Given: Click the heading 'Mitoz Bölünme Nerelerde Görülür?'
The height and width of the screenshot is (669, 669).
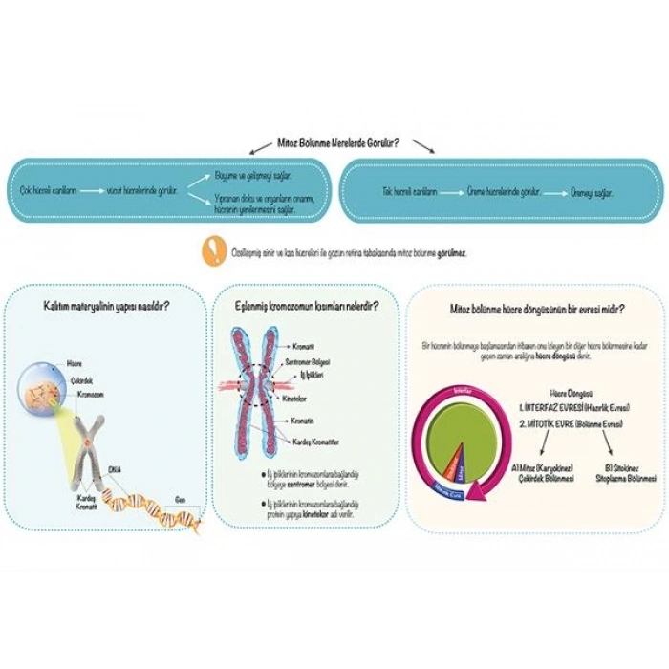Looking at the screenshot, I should coord(336,143).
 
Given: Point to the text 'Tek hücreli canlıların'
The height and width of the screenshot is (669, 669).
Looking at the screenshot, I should coord(408,191).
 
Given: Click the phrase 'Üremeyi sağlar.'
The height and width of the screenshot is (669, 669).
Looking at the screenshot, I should coord(593,191).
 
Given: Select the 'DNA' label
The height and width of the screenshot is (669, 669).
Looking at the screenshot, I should coord(116,468).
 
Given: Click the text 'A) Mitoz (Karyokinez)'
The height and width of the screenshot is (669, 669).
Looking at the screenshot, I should coord(541,467).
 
